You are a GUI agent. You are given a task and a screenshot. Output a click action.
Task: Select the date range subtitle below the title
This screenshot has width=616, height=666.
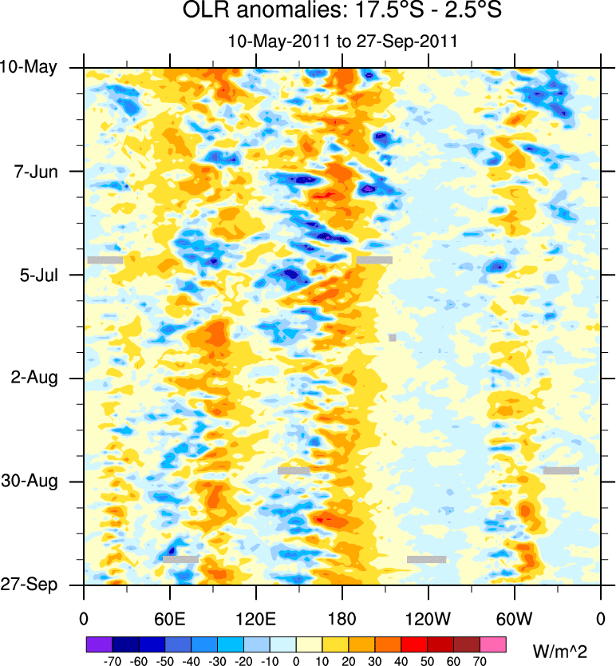tap(342, 41)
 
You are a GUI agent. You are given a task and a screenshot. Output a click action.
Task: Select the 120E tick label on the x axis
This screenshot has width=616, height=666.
tap(255, 618)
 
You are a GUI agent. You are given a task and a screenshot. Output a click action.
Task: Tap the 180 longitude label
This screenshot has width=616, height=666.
tap(342, 618)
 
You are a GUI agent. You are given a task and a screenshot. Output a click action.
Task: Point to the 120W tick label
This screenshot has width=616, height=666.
tap(428, 618)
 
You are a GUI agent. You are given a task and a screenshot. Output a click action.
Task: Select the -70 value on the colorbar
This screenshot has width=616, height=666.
tap(112, 661)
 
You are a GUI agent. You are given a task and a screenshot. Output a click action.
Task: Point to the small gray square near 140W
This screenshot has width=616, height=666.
tap(393, 338)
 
